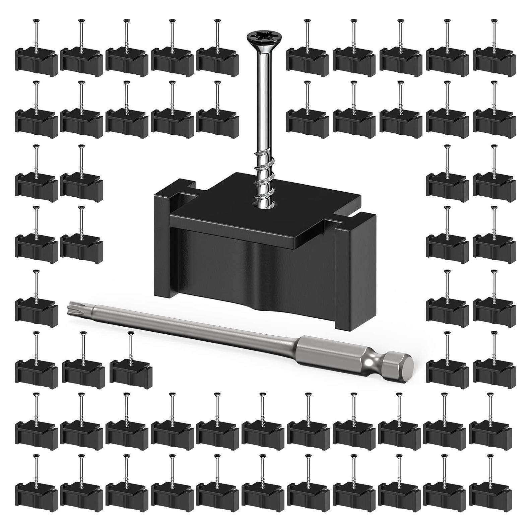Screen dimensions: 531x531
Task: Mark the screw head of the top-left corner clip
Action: click(36, 21)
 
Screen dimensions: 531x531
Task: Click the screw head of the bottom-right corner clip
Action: click(490, 456)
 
